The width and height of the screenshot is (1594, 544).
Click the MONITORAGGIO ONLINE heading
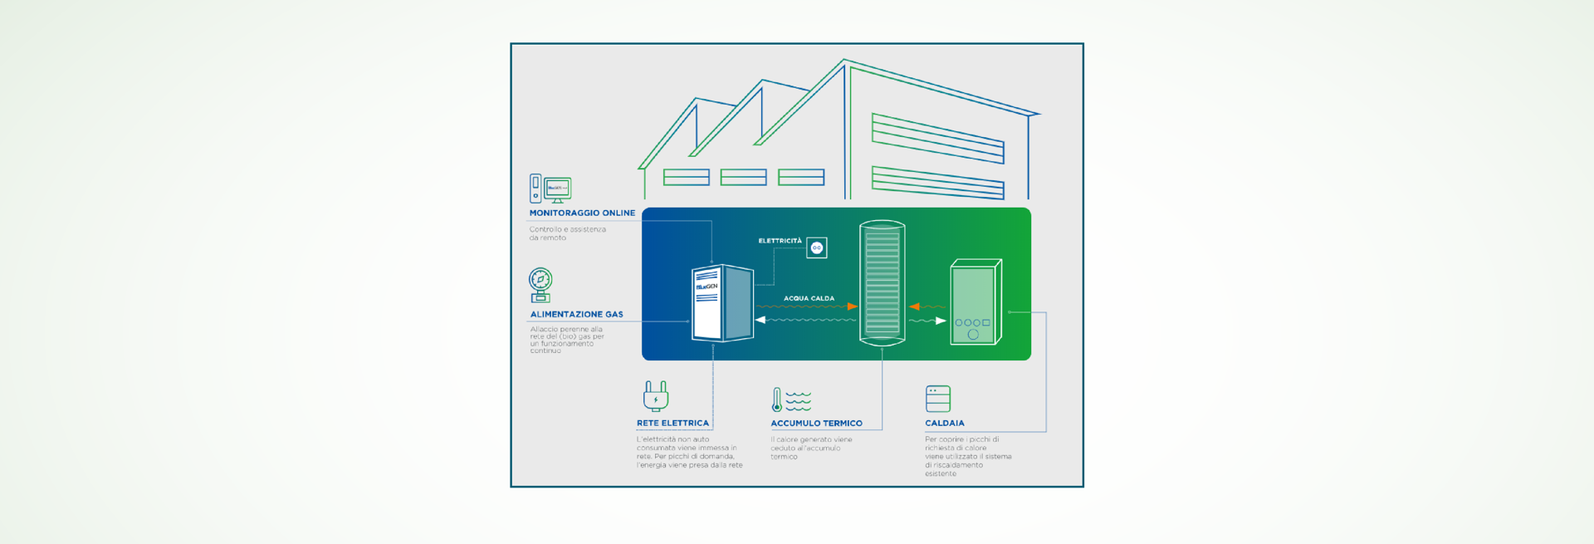[x=582, y=213]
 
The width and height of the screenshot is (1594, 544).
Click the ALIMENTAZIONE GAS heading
[x=576, y=315]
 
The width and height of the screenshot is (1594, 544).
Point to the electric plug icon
[x=656, y=396]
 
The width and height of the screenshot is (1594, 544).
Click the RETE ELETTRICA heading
[x=672, y=424]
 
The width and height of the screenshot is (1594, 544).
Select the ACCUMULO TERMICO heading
[x=816, y=424]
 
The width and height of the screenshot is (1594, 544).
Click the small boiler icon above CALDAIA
[x=937, y=399]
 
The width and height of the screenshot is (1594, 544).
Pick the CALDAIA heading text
[x=945, y=424]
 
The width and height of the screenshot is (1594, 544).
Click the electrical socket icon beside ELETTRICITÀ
[x=817, y=247]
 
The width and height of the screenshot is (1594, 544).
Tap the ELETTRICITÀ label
[x=780, y=241]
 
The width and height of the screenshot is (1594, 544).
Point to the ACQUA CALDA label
[x=809, y=298]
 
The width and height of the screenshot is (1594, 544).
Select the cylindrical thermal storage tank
[x=882, y=282]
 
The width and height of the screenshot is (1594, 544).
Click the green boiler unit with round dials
[x=975, y=302]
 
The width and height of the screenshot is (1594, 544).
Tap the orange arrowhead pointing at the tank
[x=853, y=306]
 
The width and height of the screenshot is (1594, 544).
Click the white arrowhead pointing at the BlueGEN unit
[x=760, y=320]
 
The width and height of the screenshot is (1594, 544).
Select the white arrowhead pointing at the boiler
[x=941, y=321]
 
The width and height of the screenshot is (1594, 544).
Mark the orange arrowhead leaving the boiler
[x=914, y=306]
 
